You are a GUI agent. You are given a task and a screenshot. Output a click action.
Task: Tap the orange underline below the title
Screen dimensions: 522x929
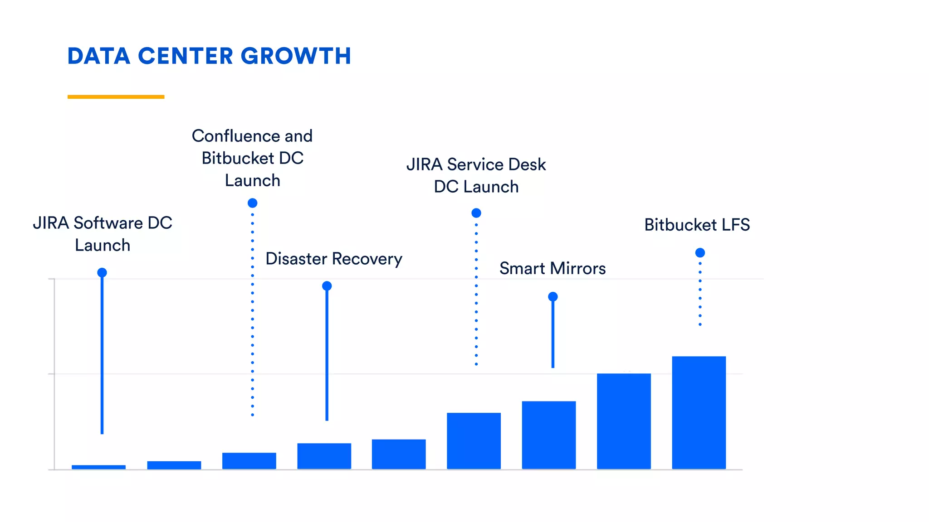point(116,97)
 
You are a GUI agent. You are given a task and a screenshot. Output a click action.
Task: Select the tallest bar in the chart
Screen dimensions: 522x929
point(699,412)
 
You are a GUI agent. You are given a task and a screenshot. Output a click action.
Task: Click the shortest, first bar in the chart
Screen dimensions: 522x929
point(98,467)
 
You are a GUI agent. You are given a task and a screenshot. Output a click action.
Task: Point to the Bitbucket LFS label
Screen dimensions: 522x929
point(697,225)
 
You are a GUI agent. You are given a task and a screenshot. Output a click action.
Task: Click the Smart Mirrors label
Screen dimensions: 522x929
point(552,268)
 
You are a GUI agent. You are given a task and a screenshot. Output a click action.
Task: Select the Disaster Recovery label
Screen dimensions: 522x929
point(333,259)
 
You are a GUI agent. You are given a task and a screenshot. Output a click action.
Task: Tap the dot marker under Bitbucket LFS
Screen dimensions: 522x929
point(700,253)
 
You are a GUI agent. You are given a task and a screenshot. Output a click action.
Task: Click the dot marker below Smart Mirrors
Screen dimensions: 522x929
point(553,297)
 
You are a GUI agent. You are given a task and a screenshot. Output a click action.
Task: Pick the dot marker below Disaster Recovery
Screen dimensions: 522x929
point(327,286)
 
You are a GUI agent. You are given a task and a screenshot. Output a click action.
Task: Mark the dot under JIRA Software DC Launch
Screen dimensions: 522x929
point(102,272)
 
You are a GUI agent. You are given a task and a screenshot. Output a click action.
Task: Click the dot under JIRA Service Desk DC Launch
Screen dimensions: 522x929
point(476,213)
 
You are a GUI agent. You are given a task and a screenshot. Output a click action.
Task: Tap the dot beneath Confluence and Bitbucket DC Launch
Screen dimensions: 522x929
point(252,203)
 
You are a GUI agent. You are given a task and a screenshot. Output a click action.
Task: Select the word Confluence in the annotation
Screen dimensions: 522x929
point(235,136)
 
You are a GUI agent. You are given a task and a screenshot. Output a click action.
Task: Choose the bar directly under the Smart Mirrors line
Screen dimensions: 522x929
point(548,435)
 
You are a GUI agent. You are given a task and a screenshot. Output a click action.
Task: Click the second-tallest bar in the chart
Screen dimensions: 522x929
point(624,421)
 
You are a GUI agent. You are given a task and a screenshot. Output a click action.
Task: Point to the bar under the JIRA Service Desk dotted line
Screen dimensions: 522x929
point(474,440)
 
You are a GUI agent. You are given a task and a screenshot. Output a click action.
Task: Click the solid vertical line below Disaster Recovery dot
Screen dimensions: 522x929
point(327,353)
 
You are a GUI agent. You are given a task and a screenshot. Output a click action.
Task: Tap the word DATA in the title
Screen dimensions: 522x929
point(99,56)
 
